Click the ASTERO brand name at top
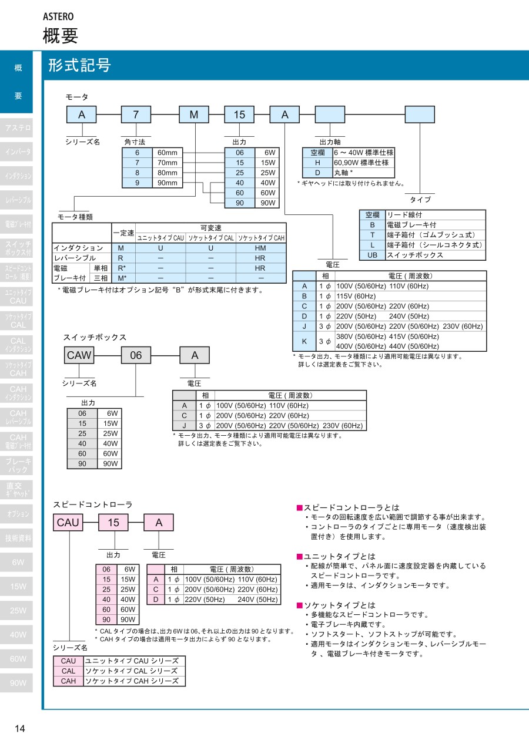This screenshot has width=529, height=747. pos(58,16)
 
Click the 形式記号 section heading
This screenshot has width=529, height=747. pos(79,65)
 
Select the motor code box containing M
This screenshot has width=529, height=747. pos(193,115)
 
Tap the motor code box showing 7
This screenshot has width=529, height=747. pos(136,115)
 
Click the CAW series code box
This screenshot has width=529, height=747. pos(79,355)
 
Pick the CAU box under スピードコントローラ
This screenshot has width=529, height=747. pos(68,522)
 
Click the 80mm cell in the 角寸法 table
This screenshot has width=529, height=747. pos(167,173)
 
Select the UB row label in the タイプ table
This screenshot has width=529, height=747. pos(371,255)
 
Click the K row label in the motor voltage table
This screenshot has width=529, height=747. pos(304,341)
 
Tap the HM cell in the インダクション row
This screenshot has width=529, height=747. pos(260,248)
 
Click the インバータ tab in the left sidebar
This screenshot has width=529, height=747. pos(18,152)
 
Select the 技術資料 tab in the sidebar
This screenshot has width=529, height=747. pos(18,538)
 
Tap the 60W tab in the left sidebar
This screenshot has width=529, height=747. pos(18,659)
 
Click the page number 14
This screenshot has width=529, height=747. pos(19,729)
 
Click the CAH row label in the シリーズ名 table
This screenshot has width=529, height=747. pos(68,681)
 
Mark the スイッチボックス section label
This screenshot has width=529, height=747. pos(95,337)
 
